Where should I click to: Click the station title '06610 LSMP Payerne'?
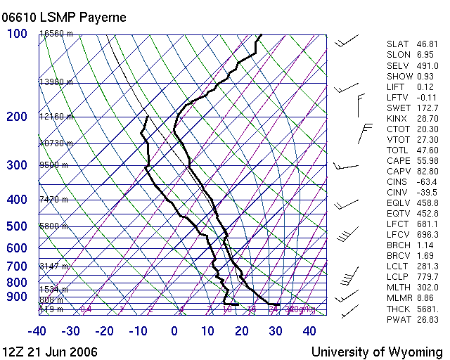[x=65, y=17]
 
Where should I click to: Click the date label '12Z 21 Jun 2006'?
[x=49, y=352]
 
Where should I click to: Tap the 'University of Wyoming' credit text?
[x=377, y=352]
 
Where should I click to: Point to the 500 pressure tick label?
[x=17, y=226]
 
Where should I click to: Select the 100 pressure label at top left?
[x=17, y=34]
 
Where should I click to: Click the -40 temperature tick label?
[x=37, y=331]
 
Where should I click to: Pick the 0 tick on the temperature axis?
[x=174, y=331]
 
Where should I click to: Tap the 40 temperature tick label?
[x=309, y=331]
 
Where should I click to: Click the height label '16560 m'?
[x=56, y=34]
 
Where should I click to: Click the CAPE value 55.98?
[x=427, y=161]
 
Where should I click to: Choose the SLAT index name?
[x=398, y=44]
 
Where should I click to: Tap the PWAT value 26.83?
[x=427, y=320]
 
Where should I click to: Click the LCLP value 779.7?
[x=427, y=277]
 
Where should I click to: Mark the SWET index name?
[x=399, y=108]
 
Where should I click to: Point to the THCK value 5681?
[x=427, y=309]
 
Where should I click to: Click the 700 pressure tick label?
[x=17, y=266]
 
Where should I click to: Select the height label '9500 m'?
[x=53, y=165]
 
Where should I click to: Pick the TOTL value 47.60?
[x=427, y=150]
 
